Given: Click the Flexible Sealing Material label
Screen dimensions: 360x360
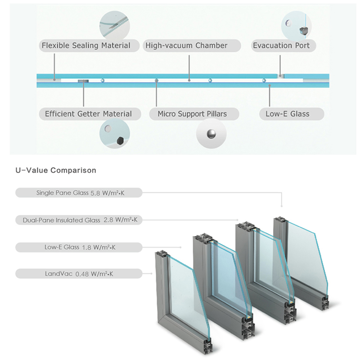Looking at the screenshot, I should pos(86,45).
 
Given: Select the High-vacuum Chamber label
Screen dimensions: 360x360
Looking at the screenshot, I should pos(186,45).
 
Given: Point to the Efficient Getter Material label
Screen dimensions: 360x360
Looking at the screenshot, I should pos(88,114).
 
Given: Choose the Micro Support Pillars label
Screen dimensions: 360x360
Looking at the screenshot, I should pos(192,114).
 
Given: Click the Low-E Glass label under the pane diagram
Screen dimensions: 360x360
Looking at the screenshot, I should pos(287,114).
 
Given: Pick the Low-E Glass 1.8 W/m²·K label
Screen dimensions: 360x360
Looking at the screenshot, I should pos(80,247).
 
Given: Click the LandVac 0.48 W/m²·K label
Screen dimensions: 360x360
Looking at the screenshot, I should pos(80,273).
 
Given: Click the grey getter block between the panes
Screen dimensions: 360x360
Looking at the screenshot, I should pos(83,81).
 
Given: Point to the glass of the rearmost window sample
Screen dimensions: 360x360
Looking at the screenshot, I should pos(306,252).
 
